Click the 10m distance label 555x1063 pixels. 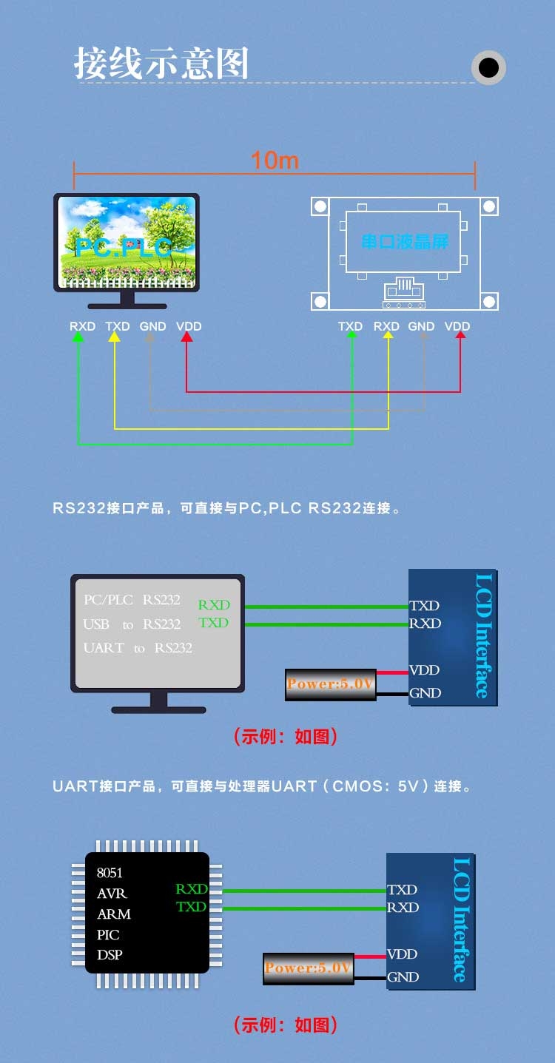tap(275, 160)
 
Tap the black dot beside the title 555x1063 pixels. tap(488, 68)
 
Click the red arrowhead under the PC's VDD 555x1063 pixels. tap(186, 337)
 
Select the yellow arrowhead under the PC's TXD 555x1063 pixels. tap(114, 337)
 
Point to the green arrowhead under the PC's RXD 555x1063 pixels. tap(78, 337)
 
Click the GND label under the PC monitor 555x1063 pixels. tap(153, 326)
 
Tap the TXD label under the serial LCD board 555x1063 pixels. tap(350, 326)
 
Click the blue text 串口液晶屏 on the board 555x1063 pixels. tap(405, 242)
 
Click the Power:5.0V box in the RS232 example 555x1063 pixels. tap(331, 684)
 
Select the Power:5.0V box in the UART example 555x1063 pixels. tap(309, 968)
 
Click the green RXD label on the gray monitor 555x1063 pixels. tap(214, 605)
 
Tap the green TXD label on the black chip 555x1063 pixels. tap(191, 907)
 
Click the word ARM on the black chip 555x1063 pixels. tap(114, 914)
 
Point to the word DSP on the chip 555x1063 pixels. tap(110, 955)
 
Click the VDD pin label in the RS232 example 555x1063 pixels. tap(425, 670)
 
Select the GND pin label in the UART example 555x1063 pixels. tap(403, 977)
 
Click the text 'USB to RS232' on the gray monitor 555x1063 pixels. tap(132, 625)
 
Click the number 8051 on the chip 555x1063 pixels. tap(110, 873)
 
